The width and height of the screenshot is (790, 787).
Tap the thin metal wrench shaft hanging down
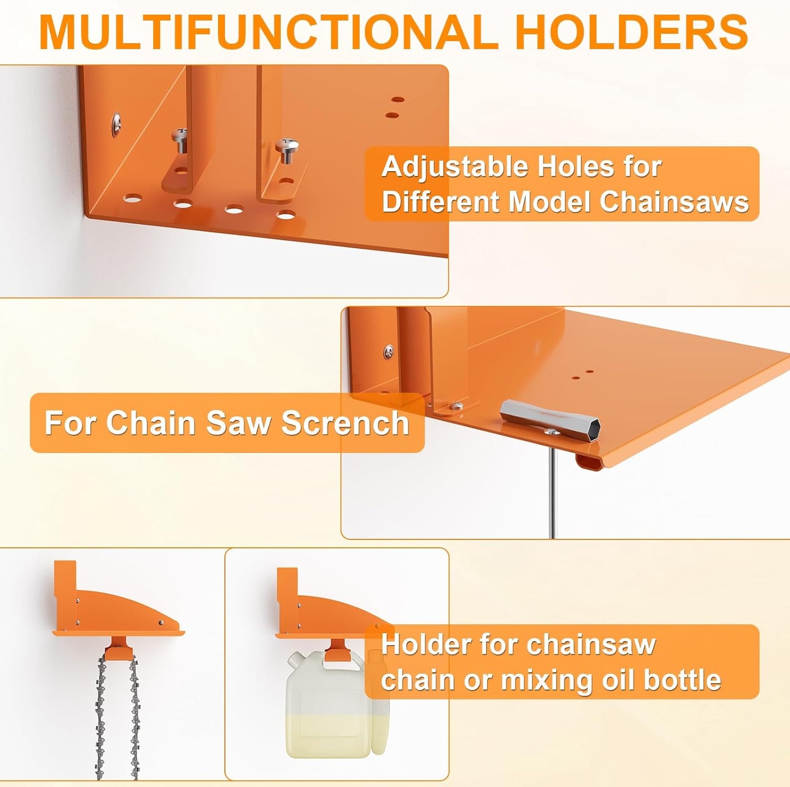[x=552, y=492]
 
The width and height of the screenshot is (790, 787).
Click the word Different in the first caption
[x=441, y=202]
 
